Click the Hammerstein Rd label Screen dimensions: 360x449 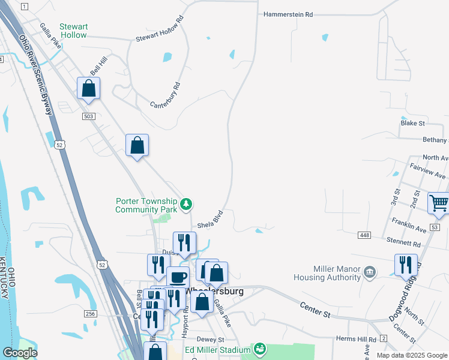(289, 14)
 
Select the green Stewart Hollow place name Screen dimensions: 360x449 (73, 31)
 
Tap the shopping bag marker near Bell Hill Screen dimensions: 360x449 (89, 88)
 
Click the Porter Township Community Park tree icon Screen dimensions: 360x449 (187, 205)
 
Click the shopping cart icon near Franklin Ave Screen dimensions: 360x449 (439, 203)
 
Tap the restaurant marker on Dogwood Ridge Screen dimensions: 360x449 (406, 265)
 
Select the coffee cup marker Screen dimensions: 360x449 (178, 278)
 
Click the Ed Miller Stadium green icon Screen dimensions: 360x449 (260, 349)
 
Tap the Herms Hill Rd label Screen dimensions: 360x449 (355, 340)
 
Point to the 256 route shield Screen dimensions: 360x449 (90, 314)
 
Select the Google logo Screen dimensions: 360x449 (20, 353)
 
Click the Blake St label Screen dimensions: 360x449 (412, 123)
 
